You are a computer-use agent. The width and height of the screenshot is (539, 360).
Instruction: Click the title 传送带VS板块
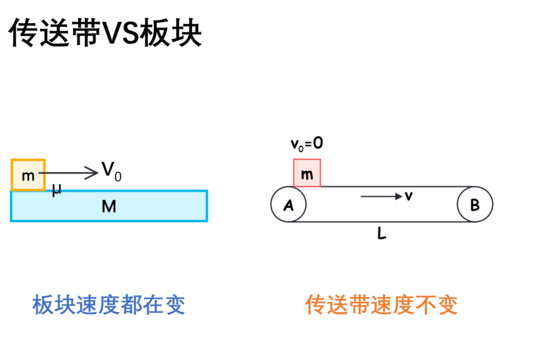[105, 33]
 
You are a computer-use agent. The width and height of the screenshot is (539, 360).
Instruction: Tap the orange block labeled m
[28, 175]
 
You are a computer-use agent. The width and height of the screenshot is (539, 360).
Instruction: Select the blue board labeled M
[109, 206]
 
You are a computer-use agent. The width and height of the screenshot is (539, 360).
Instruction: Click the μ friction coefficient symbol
[57, 189]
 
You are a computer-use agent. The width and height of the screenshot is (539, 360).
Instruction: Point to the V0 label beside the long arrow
[111, 171]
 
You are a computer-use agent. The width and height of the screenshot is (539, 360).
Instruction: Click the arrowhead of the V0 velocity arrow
[92, 173]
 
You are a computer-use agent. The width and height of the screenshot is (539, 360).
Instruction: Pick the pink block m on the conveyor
[307, 173]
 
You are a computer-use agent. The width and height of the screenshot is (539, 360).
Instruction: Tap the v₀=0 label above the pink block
[307, 143]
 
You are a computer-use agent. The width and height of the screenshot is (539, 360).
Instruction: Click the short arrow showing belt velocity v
[382, 196]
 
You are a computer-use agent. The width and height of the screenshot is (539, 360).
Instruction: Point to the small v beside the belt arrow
[408, 196]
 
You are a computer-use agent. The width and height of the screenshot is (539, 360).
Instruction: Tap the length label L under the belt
[382, 234]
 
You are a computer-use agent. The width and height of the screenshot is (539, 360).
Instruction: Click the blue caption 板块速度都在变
[108, 305]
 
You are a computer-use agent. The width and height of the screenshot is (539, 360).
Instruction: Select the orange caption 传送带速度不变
[381, 305]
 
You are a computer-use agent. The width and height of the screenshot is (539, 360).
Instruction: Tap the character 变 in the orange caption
[447, 305]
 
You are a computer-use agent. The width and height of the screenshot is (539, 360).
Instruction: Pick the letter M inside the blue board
[109, 206]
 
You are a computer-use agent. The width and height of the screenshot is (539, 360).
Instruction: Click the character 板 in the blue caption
[43, 305]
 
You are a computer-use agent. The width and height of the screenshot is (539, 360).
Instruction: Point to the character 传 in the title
[23, 33]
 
